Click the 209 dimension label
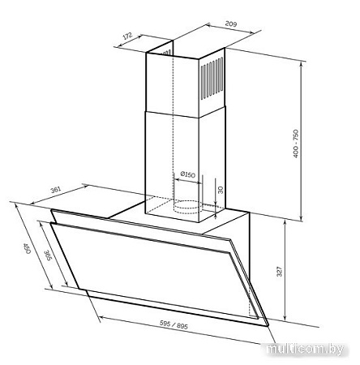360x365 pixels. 231,24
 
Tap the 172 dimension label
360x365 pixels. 127,36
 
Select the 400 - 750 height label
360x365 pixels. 296,144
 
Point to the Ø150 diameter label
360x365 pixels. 187,174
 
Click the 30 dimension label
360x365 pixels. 221,190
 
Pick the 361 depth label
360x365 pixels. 56,190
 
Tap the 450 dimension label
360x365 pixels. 27,248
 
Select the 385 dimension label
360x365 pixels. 48,255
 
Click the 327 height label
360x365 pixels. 280,272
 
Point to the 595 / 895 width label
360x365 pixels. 174,324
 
